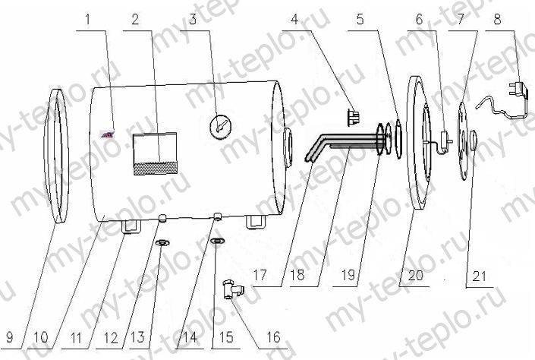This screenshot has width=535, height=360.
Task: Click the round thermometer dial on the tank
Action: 219,125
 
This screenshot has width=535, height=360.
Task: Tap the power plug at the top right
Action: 519,88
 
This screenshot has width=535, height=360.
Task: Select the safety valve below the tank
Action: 233,289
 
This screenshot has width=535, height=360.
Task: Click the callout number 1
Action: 88,20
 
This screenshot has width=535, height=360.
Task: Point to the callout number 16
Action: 273,337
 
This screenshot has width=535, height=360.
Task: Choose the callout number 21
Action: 479,276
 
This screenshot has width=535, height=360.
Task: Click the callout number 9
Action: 10,337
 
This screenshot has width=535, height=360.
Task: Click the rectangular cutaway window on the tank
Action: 155,153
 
